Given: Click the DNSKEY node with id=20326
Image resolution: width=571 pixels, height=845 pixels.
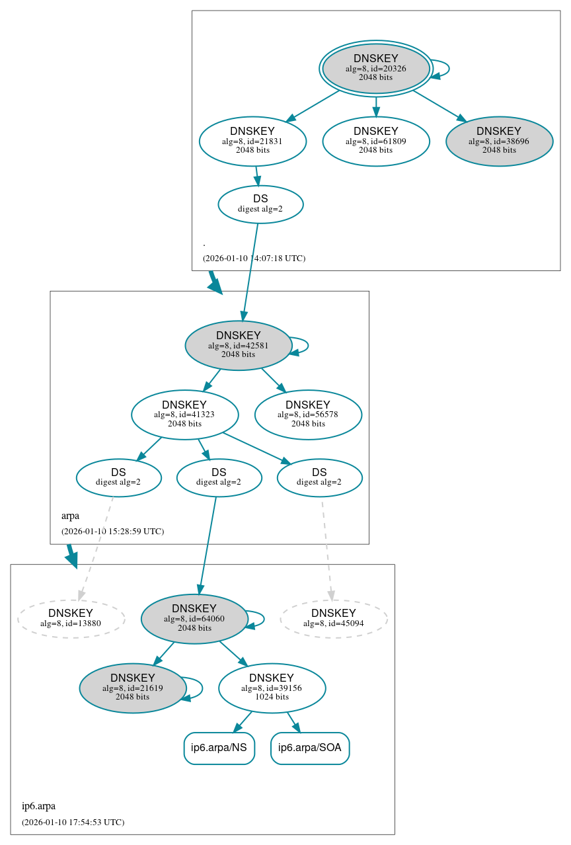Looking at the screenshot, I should (375, 68).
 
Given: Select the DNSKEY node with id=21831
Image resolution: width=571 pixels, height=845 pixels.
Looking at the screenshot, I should (252, 141).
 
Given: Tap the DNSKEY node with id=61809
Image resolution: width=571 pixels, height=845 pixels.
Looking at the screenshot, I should (375, 141).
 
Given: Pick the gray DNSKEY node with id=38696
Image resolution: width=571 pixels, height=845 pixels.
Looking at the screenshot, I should (499, 141).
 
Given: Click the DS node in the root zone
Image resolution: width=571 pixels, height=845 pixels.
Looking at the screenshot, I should (260, 204).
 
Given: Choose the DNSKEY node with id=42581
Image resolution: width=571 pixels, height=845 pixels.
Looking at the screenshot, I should (238, 345).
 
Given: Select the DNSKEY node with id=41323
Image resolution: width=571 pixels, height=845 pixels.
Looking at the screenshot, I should (184, 415).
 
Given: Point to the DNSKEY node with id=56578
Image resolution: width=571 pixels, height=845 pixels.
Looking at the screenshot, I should (308, 415).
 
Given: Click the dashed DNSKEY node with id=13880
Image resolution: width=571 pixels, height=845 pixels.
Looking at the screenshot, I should (71, 619).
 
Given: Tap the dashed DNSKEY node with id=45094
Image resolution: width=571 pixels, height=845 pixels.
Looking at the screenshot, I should (334, 619).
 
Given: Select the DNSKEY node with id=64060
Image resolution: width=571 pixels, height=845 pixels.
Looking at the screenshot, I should (194, 619).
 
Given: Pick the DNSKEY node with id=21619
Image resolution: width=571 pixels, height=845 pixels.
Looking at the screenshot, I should (133, 688).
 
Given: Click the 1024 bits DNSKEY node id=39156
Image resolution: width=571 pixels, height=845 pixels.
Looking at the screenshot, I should (272, 688).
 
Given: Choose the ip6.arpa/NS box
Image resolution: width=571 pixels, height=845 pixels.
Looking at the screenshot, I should (219, 748).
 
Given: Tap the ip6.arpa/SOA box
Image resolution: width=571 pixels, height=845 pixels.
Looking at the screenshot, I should (310, 748).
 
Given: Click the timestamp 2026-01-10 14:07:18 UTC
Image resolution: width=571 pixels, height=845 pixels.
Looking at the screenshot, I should (254, 259).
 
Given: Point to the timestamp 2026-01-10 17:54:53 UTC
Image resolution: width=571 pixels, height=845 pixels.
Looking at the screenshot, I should (73, 823).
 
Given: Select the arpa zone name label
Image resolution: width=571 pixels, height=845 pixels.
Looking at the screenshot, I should (70, 516).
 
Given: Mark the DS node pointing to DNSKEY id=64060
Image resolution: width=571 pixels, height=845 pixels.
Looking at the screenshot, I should (219, 477).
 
